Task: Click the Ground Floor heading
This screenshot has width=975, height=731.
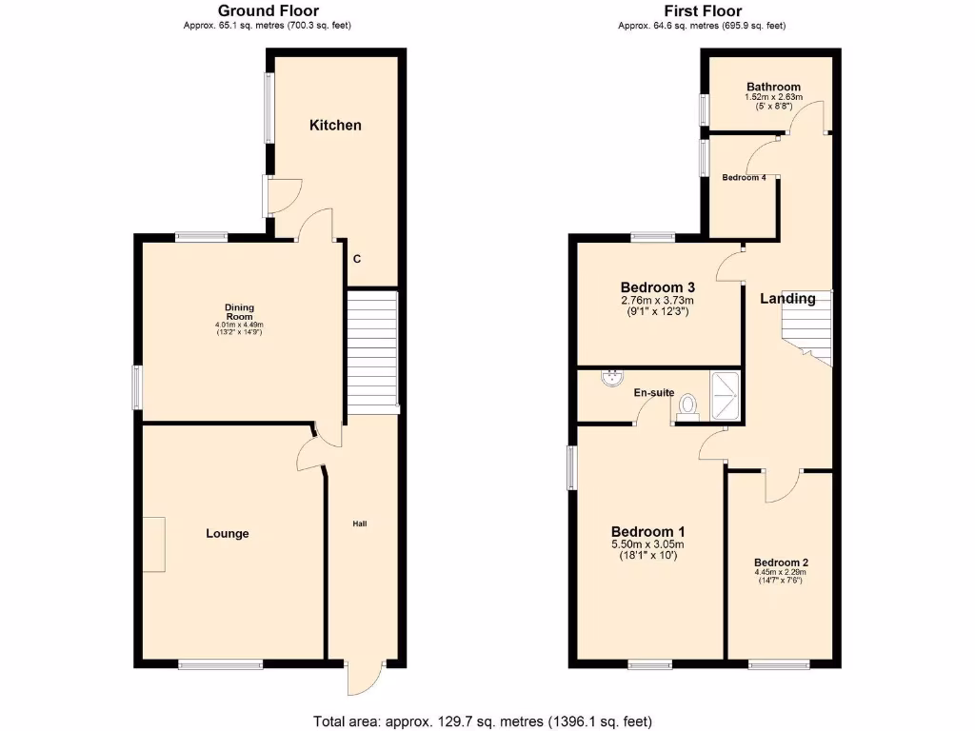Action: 273,11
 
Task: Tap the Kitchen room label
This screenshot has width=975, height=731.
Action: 335,126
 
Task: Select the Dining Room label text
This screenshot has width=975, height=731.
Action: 239,312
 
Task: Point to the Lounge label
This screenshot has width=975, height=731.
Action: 228,534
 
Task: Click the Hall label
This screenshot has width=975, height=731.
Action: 360,524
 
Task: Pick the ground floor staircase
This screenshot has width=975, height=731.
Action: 370,351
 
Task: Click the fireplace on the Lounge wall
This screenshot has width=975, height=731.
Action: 154,544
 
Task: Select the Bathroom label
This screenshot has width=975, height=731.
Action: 773,87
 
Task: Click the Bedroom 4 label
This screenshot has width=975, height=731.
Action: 744,178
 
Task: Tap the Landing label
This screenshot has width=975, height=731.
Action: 787,299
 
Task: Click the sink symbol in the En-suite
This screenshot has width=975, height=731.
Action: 609,380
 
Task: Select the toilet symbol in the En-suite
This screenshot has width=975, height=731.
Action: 686,406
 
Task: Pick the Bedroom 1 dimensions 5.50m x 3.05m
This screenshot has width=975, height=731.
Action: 647,544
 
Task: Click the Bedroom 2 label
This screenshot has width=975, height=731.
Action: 781,563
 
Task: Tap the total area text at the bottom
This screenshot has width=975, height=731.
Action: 483,721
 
